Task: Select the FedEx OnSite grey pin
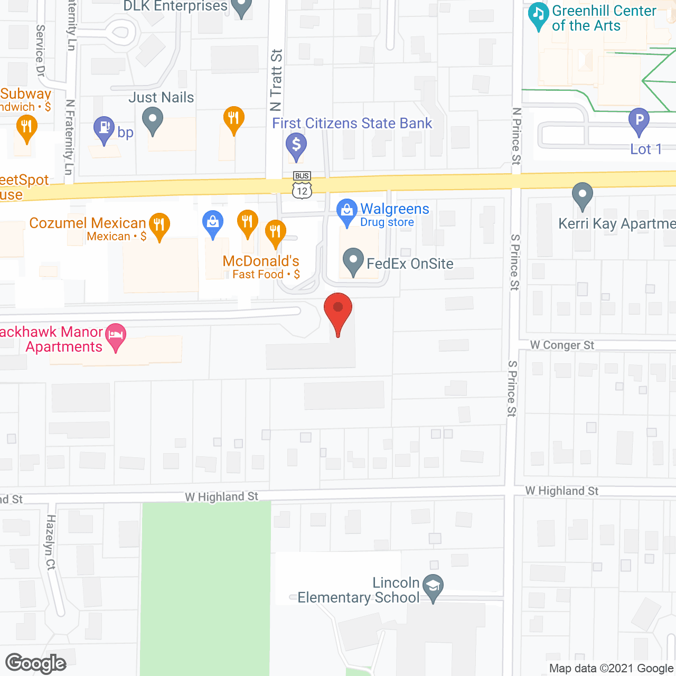[353, 261]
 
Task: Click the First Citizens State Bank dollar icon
[296, 145]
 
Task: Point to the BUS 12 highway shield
[302, 185]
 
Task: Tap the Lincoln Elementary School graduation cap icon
[433, 587]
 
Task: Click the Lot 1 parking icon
[639, 121]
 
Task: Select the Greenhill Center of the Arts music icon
[539, 15]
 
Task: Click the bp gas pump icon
[104, 129]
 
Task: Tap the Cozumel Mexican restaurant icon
[159, 226]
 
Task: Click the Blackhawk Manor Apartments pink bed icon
[116, 336]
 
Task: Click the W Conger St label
[562, 345]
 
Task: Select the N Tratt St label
[276, 80]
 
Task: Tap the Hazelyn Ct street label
[51, 542]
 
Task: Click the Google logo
[36, 663]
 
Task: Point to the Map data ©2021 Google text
[611, 668]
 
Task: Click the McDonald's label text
[261, 261]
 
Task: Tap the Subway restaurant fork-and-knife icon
[26, 128]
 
